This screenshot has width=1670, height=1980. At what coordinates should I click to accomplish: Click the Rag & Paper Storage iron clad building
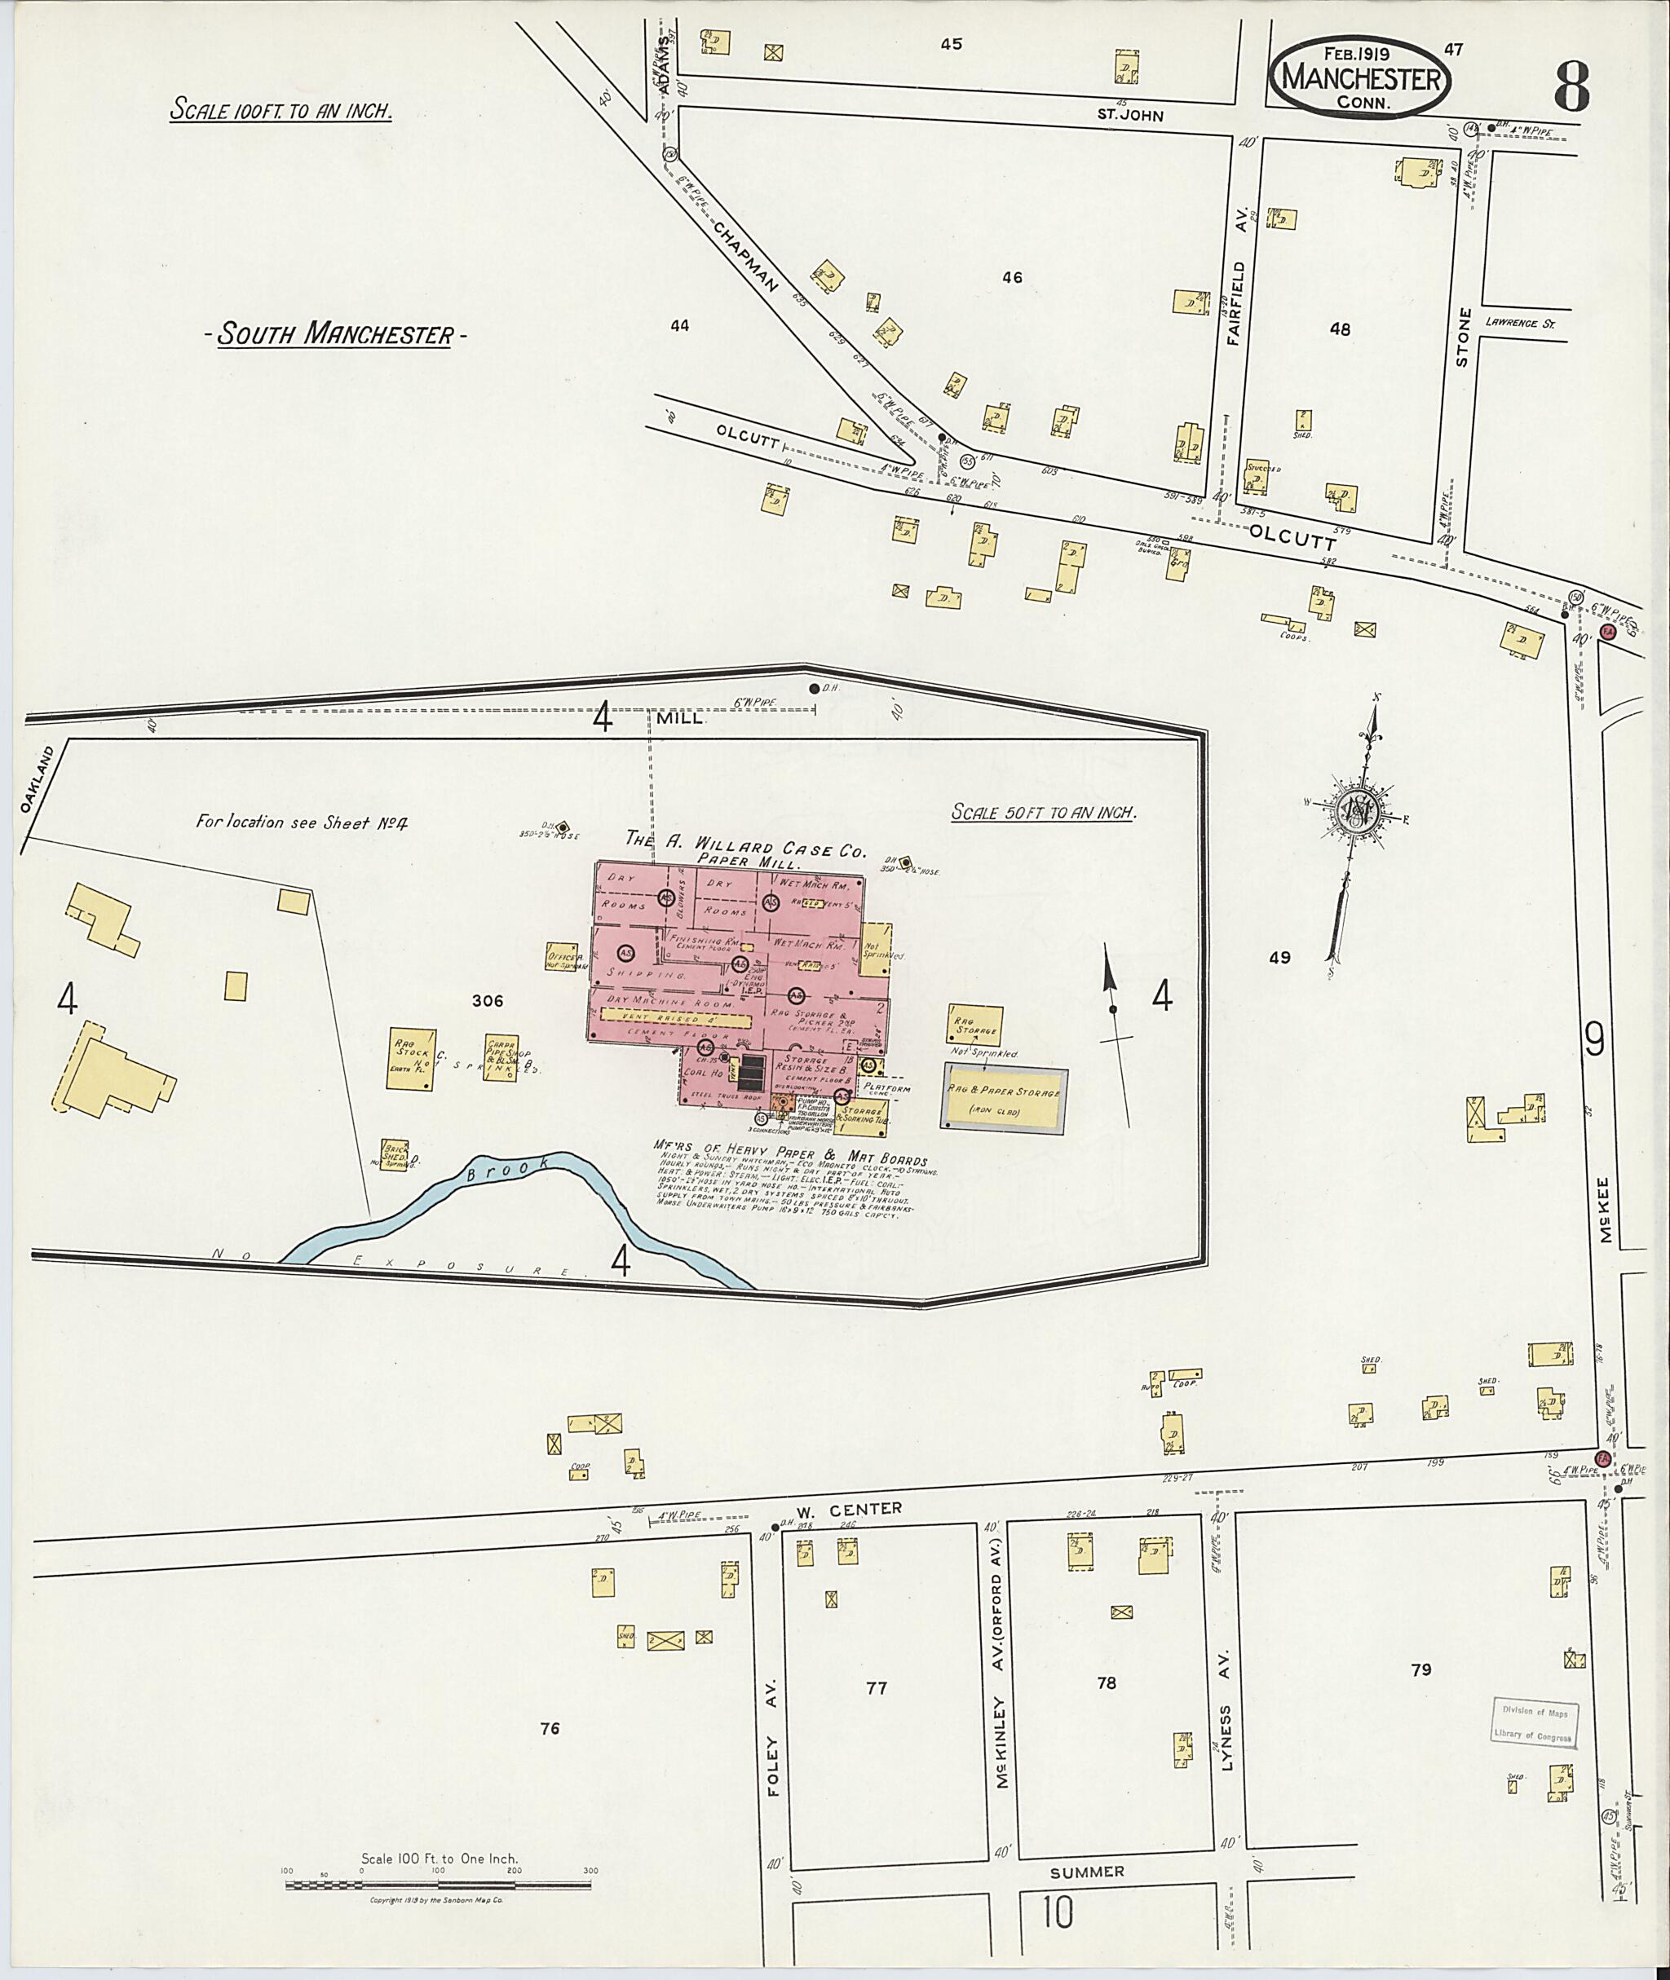1005,1098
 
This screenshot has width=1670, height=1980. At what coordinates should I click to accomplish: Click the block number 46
1013,277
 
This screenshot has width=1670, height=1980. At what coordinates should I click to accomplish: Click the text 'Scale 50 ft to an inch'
1042,812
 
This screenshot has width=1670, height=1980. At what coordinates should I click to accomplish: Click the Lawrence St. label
1521,323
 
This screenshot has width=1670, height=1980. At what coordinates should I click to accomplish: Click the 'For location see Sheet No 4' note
301,822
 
